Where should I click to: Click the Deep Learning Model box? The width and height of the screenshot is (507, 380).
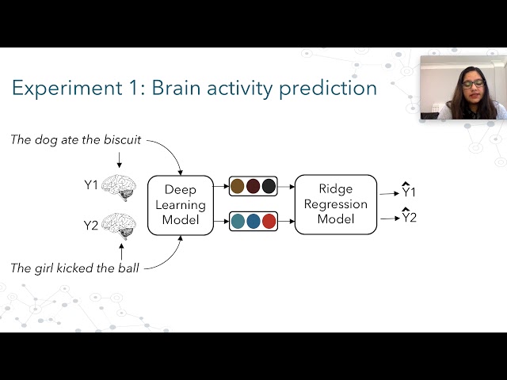181,205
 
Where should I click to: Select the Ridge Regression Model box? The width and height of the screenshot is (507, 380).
336,204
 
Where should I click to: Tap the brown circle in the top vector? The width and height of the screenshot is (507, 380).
238,187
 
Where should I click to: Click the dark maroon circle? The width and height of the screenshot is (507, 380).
253,187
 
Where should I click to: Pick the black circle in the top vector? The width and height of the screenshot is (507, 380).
269,187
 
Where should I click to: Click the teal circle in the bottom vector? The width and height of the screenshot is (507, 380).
238,222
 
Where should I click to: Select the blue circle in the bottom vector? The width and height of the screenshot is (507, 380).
253,222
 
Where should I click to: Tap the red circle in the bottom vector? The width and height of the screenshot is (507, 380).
269,222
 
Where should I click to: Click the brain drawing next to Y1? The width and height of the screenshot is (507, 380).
119,188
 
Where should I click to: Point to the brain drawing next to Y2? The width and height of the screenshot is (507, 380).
119,226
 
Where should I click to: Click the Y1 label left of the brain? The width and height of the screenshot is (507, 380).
91,185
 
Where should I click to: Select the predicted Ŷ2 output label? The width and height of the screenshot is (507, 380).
409,216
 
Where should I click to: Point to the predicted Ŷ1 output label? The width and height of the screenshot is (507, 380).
409,190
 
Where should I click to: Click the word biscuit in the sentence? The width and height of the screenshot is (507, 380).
123,140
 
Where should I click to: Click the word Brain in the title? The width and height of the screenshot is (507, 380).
176,88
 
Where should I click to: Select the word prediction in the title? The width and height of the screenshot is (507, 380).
328,88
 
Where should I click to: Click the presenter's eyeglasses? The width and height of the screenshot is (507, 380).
473,85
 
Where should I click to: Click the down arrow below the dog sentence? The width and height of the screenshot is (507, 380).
120,160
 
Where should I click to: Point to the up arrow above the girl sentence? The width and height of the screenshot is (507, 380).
121,252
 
